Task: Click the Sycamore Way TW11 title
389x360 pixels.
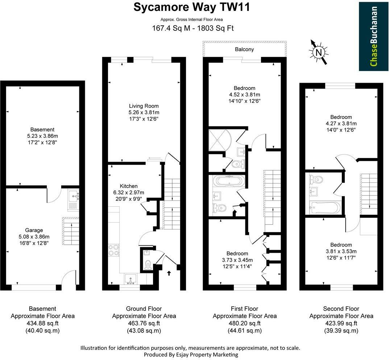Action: click(x=191, y=7)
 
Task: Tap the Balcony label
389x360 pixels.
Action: click(x=244, y=49)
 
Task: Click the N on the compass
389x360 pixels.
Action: click(x=319, y=53)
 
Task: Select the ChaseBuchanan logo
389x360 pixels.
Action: click(x=374, y=36)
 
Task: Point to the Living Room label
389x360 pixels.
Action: click(x=144, y=106)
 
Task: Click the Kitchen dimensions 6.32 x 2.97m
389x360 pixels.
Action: click(x=128, y=193)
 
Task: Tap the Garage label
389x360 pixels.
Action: click(x=34, y=230)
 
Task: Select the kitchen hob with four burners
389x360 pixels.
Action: click(x=113, y=250)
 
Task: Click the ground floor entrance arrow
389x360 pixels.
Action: click(x=169, y=273)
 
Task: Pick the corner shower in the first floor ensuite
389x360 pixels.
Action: click(x=220, y=140)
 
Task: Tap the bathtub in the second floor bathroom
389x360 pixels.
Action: click(x=325, y=208)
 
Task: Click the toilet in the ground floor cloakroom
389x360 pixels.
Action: click(x=148, y=265)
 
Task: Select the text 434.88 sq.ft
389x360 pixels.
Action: click(x=42, y=323)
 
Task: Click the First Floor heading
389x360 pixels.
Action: click(x=244, y=309)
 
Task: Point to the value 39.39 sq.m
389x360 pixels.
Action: click(x=341, y=331)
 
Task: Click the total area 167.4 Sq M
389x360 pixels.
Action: click(x=171, y=28)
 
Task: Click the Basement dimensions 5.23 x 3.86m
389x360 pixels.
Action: click(x=42, y=136)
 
